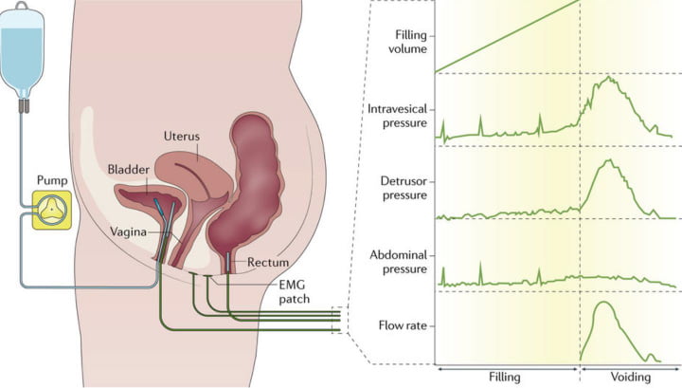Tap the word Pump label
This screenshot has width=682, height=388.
(48, 178)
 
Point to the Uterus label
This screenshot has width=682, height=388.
(181, 137)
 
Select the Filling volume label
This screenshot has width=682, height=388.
(404, 43)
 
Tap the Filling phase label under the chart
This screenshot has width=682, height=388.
(506, 377)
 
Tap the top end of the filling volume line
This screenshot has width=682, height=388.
(579, 2)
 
